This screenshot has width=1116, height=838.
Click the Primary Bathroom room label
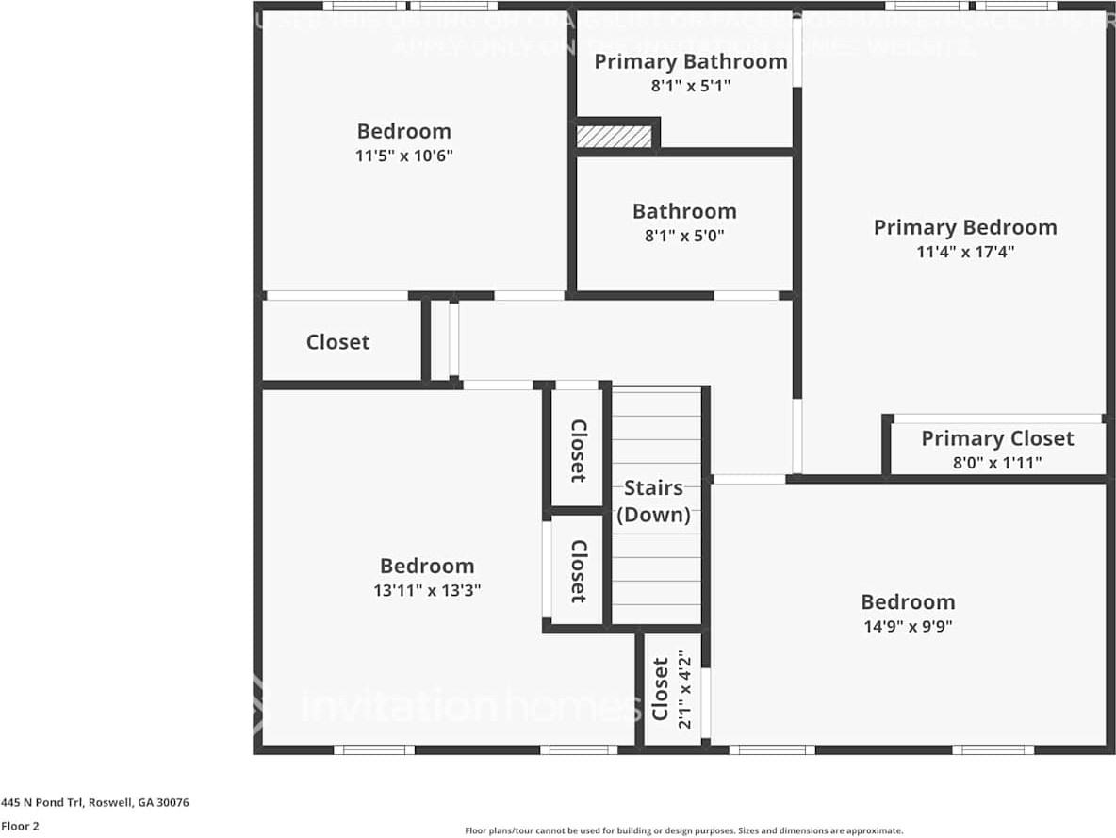click(690, 62)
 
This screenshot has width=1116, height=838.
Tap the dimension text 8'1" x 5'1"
click(690, 86)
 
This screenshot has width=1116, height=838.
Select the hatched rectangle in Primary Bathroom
click(614, 136)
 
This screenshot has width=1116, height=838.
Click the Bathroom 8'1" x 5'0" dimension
click(684, 236)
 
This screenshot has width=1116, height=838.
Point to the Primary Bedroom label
click(965, 227)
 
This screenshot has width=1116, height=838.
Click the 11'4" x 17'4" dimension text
click(965, 252)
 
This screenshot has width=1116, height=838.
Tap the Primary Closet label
click(997, 438)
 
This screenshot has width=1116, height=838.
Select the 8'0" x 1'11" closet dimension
click(997, 463)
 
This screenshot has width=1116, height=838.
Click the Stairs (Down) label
click(653, 501)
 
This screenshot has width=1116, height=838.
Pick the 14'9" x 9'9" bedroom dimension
click(908, 626)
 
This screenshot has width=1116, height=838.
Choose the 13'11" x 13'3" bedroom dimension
click(427, 590)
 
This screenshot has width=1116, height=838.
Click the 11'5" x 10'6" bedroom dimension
click(403, 156)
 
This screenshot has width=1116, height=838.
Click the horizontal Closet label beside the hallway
click(337, 342)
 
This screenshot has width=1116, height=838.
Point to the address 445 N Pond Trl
click(95, 803)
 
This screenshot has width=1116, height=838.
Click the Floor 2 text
click(20, 827)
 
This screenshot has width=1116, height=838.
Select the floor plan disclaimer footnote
click(683, 830)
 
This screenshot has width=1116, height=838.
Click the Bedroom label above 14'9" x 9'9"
click(908, 601)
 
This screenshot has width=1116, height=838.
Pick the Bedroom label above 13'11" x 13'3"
click(427, 566)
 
